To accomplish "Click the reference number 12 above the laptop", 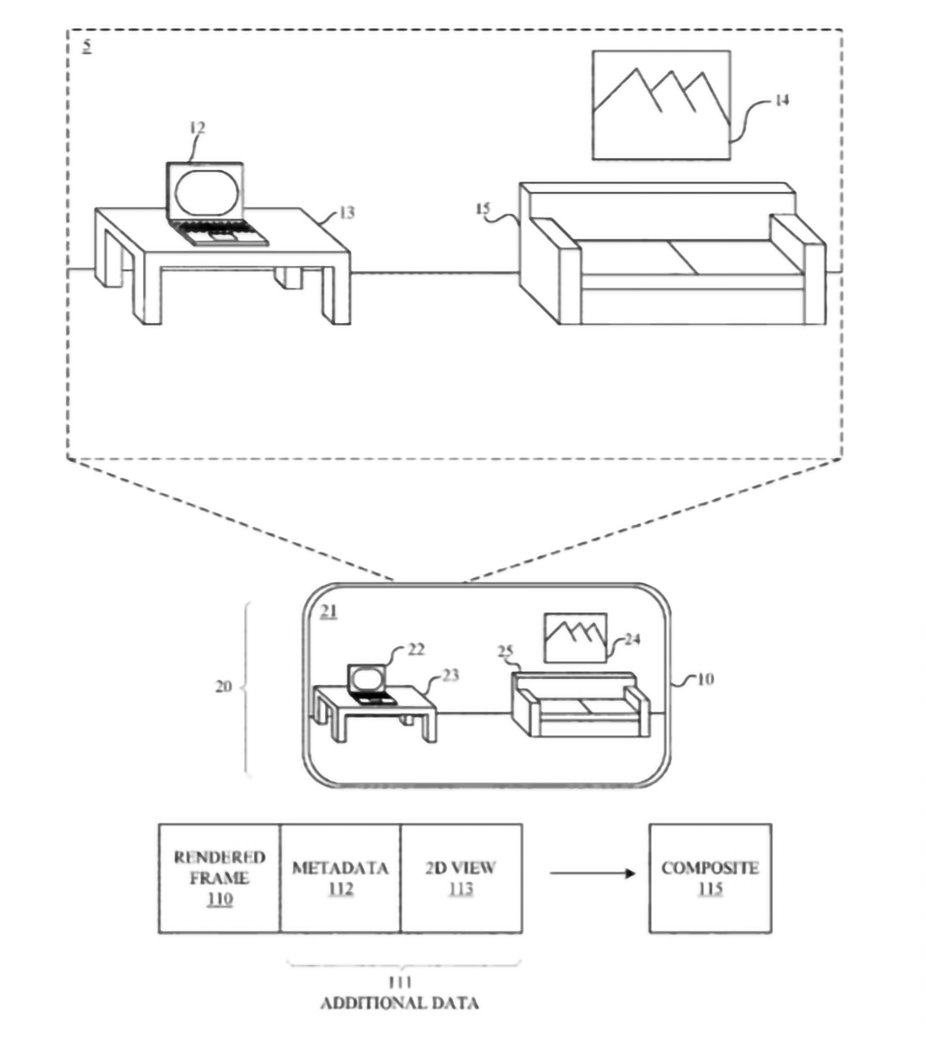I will point(197,128).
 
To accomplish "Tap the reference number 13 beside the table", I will point(347,213).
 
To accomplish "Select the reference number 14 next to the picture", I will point(782,100).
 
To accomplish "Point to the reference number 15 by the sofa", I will point(482,209).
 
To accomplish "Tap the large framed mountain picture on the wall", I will point(661,104).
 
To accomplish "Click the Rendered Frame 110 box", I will point(219,878).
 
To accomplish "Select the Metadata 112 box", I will point(340,878).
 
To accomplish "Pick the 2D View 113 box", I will point(460,878).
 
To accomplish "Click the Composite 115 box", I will point(710,878).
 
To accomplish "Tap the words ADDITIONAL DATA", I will point(399,1003).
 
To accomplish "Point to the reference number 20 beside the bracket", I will point(223,687).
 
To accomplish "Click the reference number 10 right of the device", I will point(705,678).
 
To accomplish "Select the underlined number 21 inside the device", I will point(328,612).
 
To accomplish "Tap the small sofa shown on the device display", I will point(580,705).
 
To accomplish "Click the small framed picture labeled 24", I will point(575,637).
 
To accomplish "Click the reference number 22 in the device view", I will point(416,650).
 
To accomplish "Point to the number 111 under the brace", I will point(400,982).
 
